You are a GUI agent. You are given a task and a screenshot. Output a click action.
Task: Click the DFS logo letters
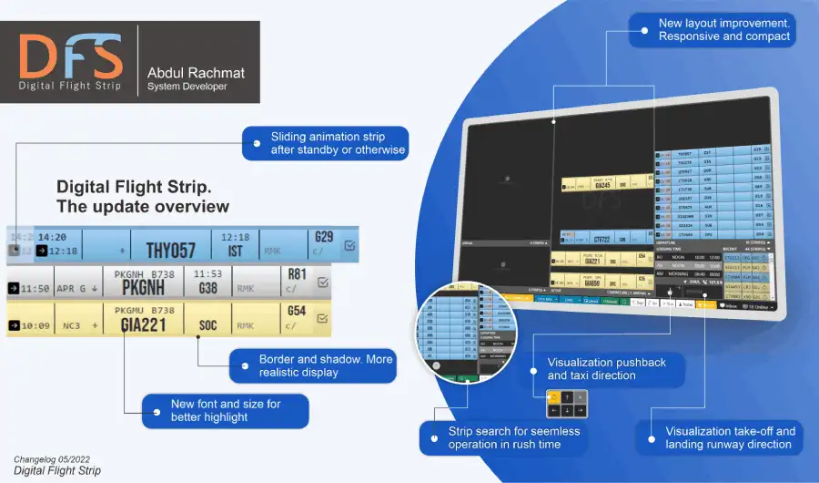click(70, 57)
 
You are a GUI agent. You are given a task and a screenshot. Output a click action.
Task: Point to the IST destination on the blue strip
click(235, 252)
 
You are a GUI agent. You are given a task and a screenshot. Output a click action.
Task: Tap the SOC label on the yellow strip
click(208, 324)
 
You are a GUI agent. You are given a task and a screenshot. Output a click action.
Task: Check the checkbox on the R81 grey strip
click(322, 283)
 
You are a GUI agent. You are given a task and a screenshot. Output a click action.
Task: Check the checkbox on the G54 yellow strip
click(322, 318)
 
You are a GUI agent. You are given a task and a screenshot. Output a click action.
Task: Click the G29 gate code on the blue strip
click(323, 238)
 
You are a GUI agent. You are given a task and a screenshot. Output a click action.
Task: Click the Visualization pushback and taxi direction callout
click(606, 368)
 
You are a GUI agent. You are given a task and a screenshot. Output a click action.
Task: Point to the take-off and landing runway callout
click(729, 437)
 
